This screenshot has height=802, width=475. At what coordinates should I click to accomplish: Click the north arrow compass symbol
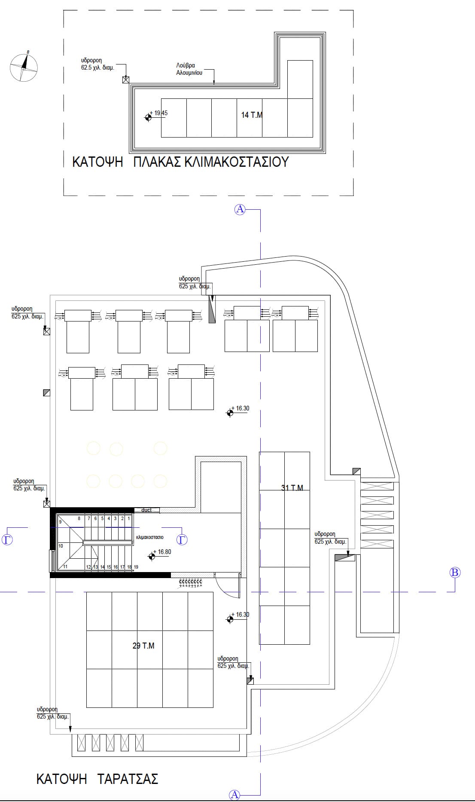tap(24, 67)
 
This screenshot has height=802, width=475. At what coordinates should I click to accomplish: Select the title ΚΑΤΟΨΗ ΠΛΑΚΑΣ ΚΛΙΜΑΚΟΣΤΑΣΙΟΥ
tap(180, 162)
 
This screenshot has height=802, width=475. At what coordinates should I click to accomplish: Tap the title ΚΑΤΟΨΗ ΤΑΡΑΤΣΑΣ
tap(97, 779)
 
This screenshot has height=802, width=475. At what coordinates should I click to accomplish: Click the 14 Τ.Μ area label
tap(252, 115)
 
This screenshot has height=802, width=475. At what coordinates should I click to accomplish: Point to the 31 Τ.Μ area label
tap(292, 488)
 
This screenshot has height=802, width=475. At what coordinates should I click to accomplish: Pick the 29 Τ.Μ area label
tap(143, 646)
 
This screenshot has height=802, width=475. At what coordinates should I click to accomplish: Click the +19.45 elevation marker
tap(149, 117)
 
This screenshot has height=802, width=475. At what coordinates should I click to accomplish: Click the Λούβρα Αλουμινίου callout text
tap(189, 69)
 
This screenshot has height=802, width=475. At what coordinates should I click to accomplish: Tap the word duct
tap(146, 510)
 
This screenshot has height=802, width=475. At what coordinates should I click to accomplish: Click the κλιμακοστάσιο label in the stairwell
tap(149, 537)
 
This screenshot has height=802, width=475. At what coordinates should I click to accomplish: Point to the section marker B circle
tap(455, 572)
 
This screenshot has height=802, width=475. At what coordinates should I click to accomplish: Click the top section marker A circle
tap(240, 209)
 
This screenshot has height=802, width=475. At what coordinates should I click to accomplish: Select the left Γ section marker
tap(7, 539)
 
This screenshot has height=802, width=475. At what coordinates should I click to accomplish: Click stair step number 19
tap(136, 567)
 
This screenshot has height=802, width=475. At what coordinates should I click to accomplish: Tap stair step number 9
tap(61, 522)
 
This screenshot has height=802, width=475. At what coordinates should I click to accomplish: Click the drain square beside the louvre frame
tap(126, 80)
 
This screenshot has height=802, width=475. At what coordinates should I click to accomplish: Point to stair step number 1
tap(128, 519)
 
